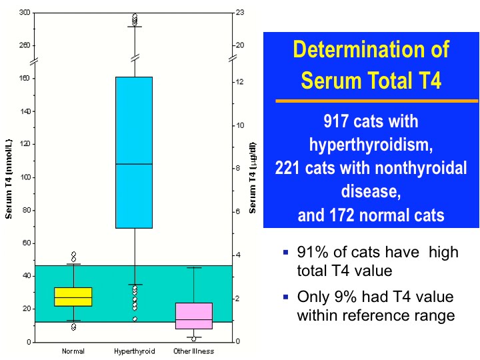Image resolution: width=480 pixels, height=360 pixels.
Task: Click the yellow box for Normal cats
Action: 73,297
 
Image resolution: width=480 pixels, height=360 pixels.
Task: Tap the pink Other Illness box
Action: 194,316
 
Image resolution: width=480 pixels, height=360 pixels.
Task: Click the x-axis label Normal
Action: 73,351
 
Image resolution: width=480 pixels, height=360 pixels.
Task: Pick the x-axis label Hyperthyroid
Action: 134,351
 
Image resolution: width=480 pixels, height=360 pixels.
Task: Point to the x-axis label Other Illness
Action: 194,351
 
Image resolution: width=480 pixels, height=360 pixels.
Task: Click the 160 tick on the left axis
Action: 25,78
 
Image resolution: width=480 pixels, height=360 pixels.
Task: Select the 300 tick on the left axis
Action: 25,13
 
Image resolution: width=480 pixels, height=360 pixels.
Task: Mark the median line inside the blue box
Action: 134,163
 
